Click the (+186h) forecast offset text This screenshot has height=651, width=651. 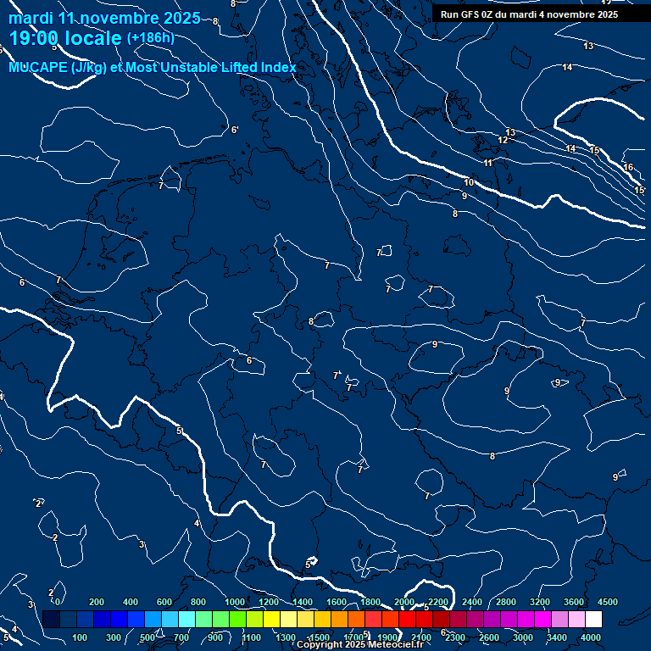tap(150, 37)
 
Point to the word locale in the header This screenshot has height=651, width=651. tap(93, 37)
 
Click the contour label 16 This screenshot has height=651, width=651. tap(628, 168)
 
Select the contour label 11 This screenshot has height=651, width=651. tap(487, 163)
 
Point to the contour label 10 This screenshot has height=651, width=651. tap(469, 183)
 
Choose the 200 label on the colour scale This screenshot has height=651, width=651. tap(97, 602)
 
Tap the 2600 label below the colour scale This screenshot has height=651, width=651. tap(489, 637)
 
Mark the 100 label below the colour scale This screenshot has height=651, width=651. tap(81, 637)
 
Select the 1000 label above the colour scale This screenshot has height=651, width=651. tap(235, 602)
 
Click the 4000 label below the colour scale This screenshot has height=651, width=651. tap(591, 637)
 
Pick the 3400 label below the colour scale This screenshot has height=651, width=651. tap(557, 637)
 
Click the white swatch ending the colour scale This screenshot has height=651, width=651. tap(593, 619)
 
